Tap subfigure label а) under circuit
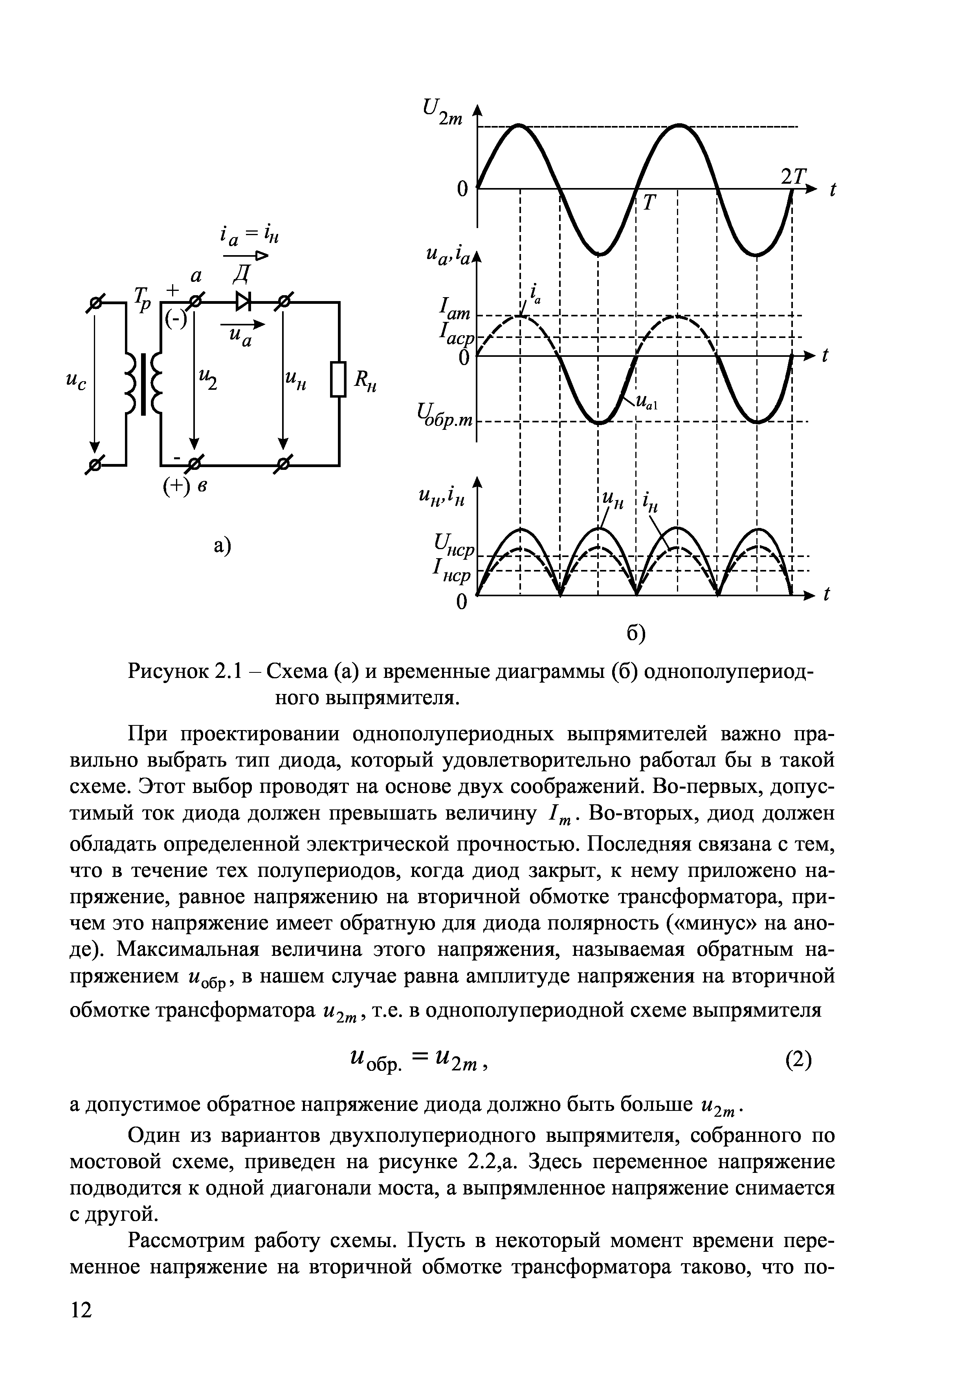[x=222, y=546]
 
